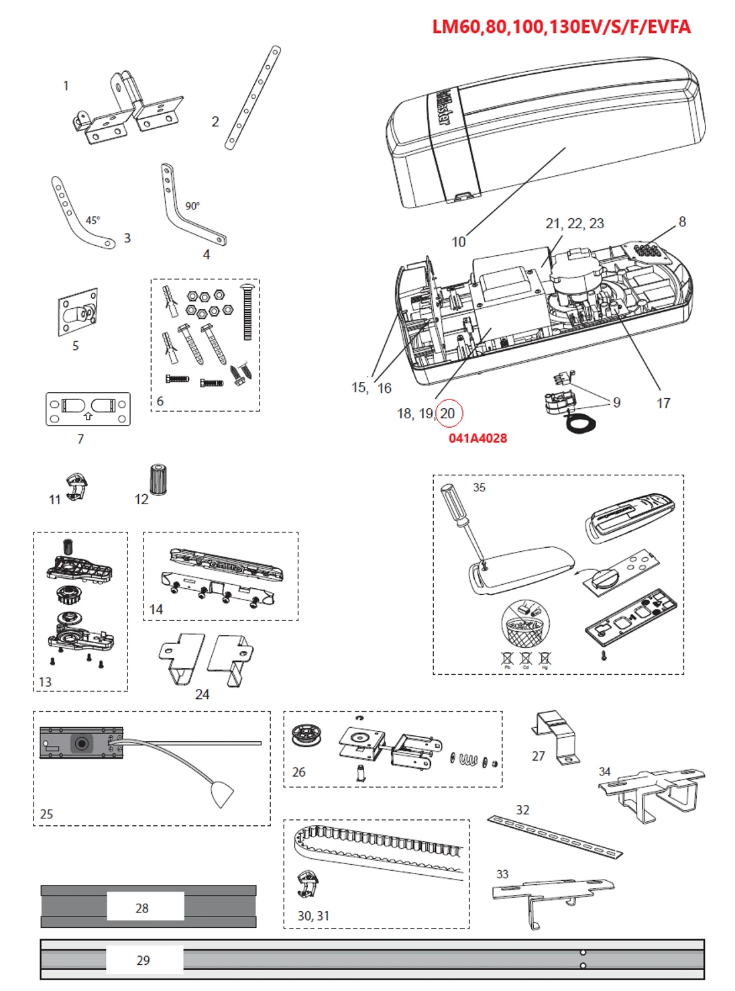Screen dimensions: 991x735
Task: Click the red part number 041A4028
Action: pos(477,438)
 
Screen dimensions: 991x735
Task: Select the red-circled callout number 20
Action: pos(448,414)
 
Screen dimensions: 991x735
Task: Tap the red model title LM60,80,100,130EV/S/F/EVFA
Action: pos(561,27)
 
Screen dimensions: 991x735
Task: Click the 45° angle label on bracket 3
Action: pos(93,220)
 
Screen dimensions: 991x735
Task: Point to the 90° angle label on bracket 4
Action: pos(192,206)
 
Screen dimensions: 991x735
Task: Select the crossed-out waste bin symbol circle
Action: pos(525,624)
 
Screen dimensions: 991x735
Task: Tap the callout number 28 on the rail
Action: pos(142,908)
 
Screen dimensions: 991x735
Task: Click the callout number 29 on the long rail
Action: pos(143,960)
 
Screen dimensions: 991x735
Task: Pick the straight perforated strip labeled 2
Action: pos(253,97)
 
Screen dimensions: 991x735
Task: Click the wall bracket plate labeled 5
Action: pos(78,313)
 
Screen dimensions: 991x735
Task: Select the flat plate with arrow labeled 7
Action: pos(88,409)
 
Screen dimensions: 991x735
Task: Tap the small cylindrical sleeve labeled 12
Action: pos(158,479)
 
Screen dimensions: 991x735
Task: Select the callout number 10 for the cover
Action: pos(458,242)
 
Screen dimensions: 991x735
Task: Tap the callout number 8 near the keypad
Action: pos(682,222)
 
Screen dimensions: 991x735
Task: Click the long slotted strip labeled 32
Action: pos(555,837)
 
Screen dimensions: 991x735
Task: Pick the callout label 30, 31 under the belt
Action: pos(313,916)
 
